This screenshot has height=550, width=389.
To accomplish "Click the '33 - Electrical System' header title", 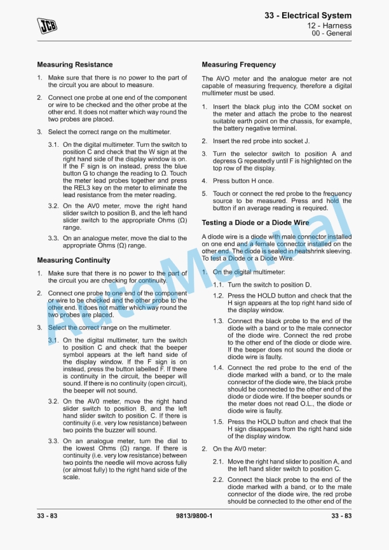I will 308,15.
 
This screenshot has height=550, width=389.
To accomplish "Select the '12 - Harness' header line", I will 329,25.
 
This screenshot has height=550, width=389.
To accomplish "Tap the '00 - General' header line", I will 331,34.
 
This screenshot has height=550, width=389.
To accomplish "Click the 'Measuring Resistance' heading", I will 74,64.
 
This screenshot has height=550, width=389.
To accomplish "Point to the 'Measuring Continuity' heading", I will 73,260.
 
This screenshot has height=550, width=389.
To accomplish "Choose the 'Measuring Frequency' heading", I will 238,64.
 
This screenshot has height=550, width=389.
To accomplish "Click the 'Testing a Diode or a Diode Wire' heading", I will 255,223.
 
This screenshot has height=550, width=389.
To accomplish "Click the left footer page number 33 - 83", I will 47,516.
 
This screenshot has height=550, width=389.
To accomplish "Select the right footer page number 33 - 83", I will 341,516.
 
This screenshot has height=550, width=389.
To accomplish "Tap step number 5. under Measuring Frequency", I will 205,194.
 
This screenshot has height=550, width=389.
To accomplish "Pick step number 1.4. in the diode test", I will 218,368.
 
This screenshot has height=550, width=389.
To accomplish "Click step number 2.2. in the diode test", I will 218,480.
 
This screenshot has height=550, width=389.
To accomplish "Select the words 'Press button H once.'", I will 243,181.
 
